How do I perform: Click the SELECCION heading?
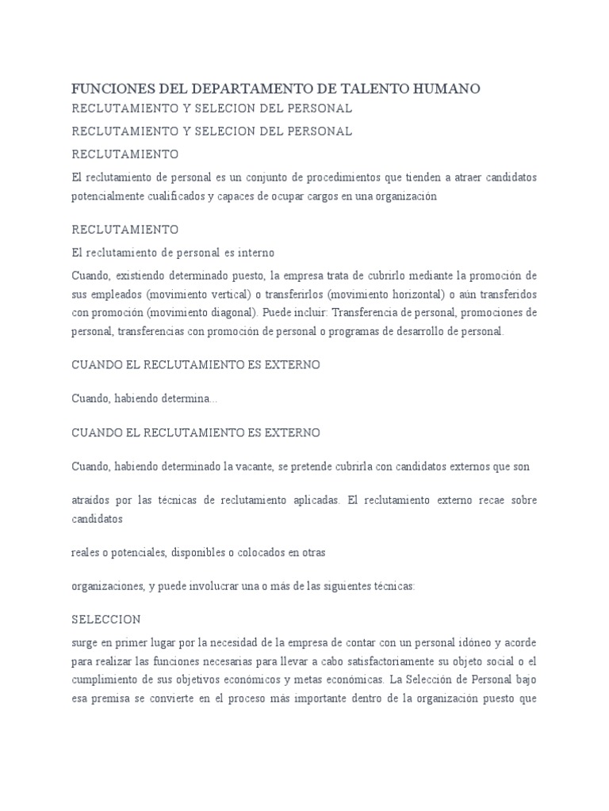click(106, 619)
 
